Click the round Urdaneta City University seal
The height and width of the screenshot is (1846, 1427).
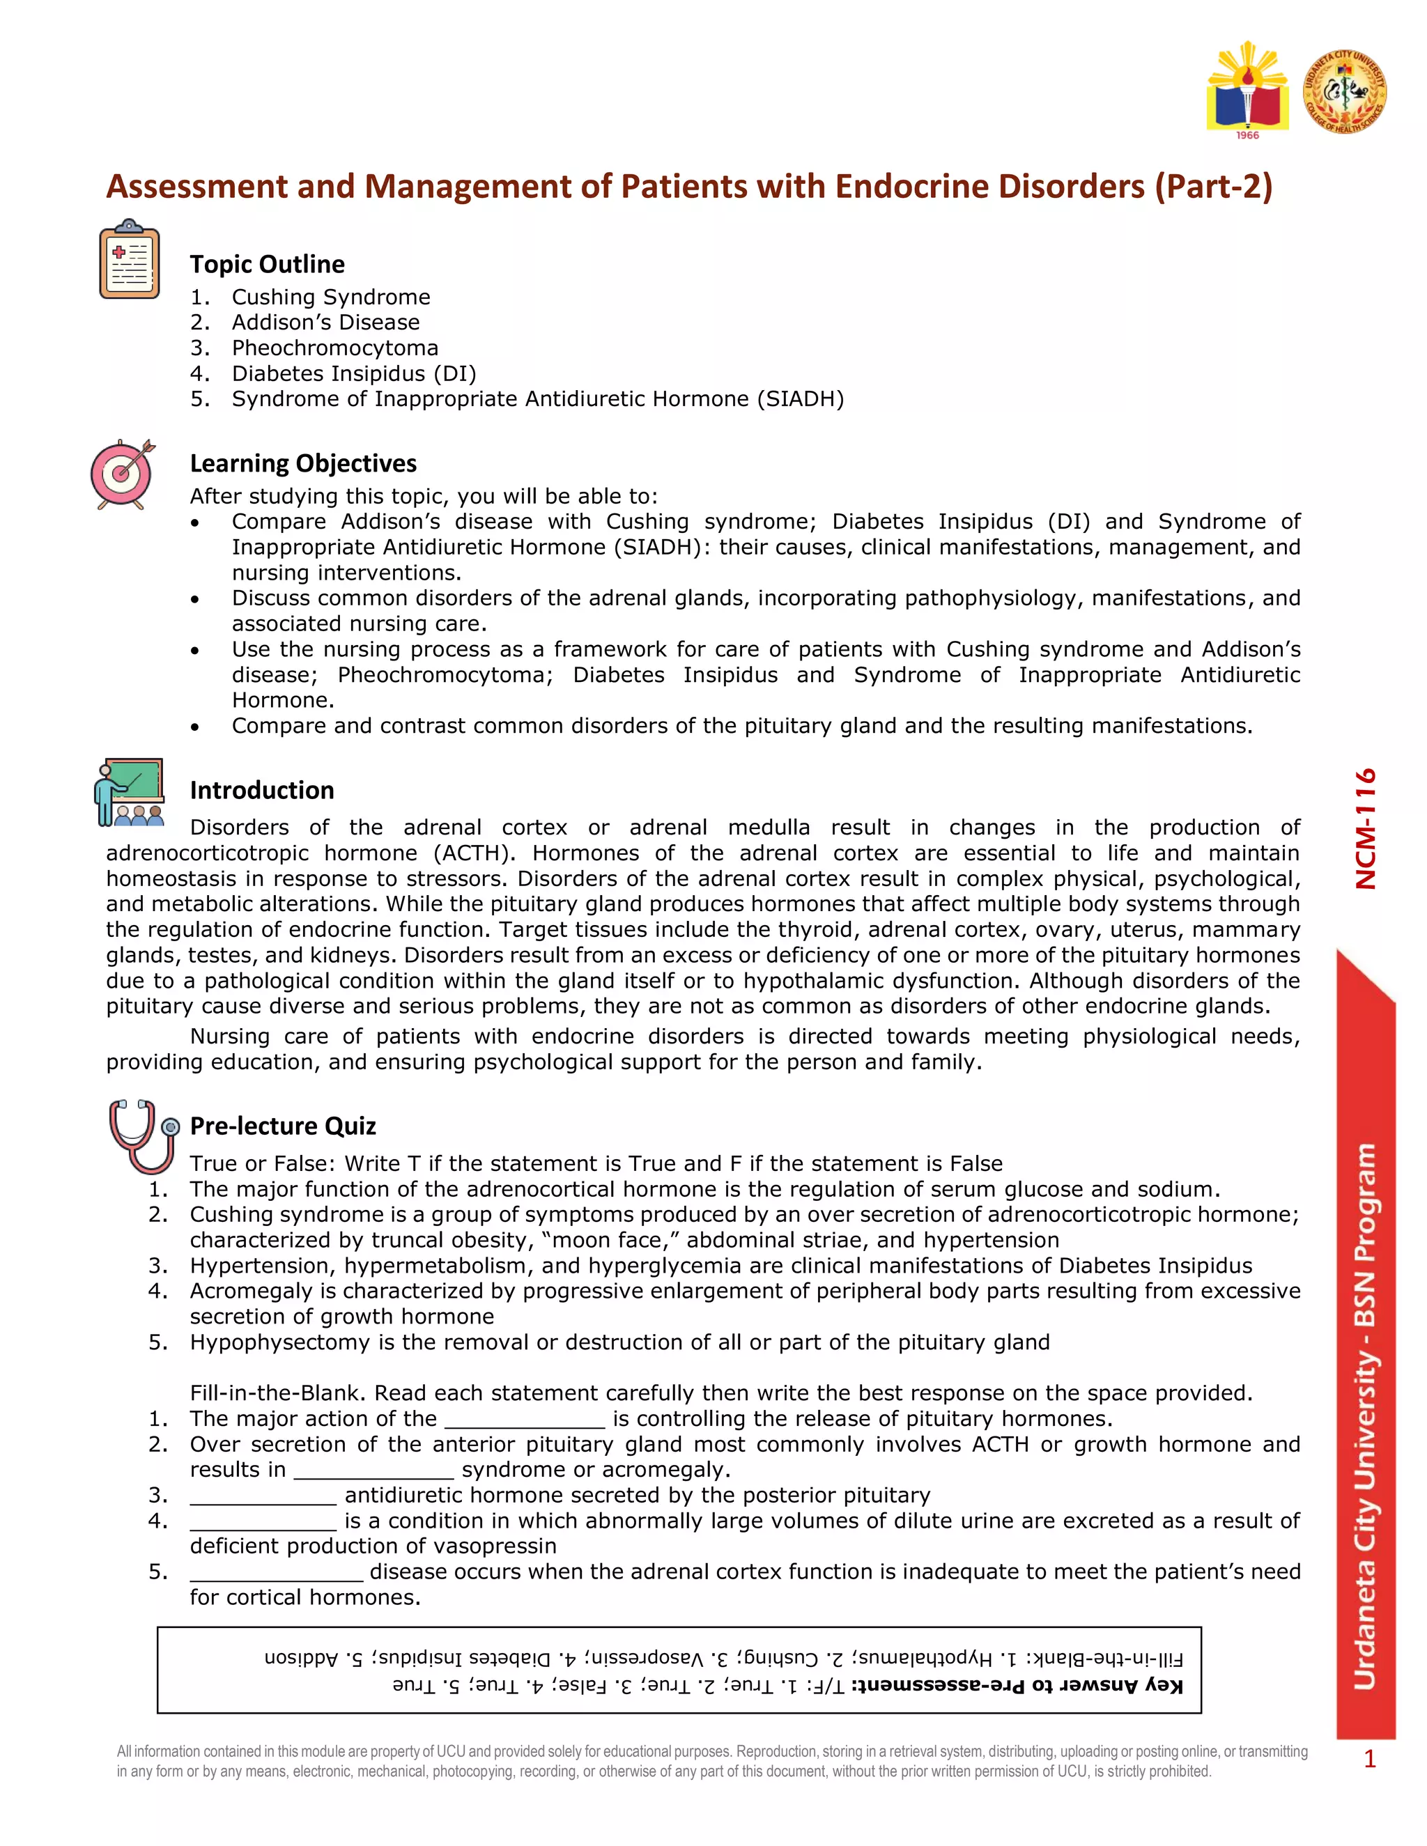point(1344,91)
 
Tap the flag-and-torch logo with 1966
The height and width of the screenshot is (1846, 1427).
point(1248,91)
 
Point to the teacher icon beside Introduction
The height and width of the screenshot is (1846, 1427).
point(128,792)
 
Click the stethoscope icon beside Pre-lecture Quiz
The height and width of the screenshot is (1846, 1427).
point(142,1136)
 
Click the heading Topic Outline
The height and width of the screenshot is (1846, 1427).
point(267,265)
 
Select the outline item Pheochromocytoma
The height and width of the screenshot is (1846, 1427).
point(334,348)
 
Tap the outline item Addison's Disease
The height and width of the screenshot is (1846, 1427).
point(325,322)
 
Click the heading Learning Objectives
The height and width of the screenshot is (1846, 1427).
point(302,463)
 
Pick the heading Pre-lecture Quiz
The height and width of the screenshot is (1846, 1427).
point(282,1126)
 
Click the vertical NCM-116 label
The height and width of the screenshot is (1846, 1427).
point(1365,828)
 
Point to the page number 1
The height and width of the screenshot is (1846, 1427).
point(1369,1760)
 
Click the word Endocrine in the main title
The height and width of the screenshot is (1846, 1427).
point(908,187)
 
